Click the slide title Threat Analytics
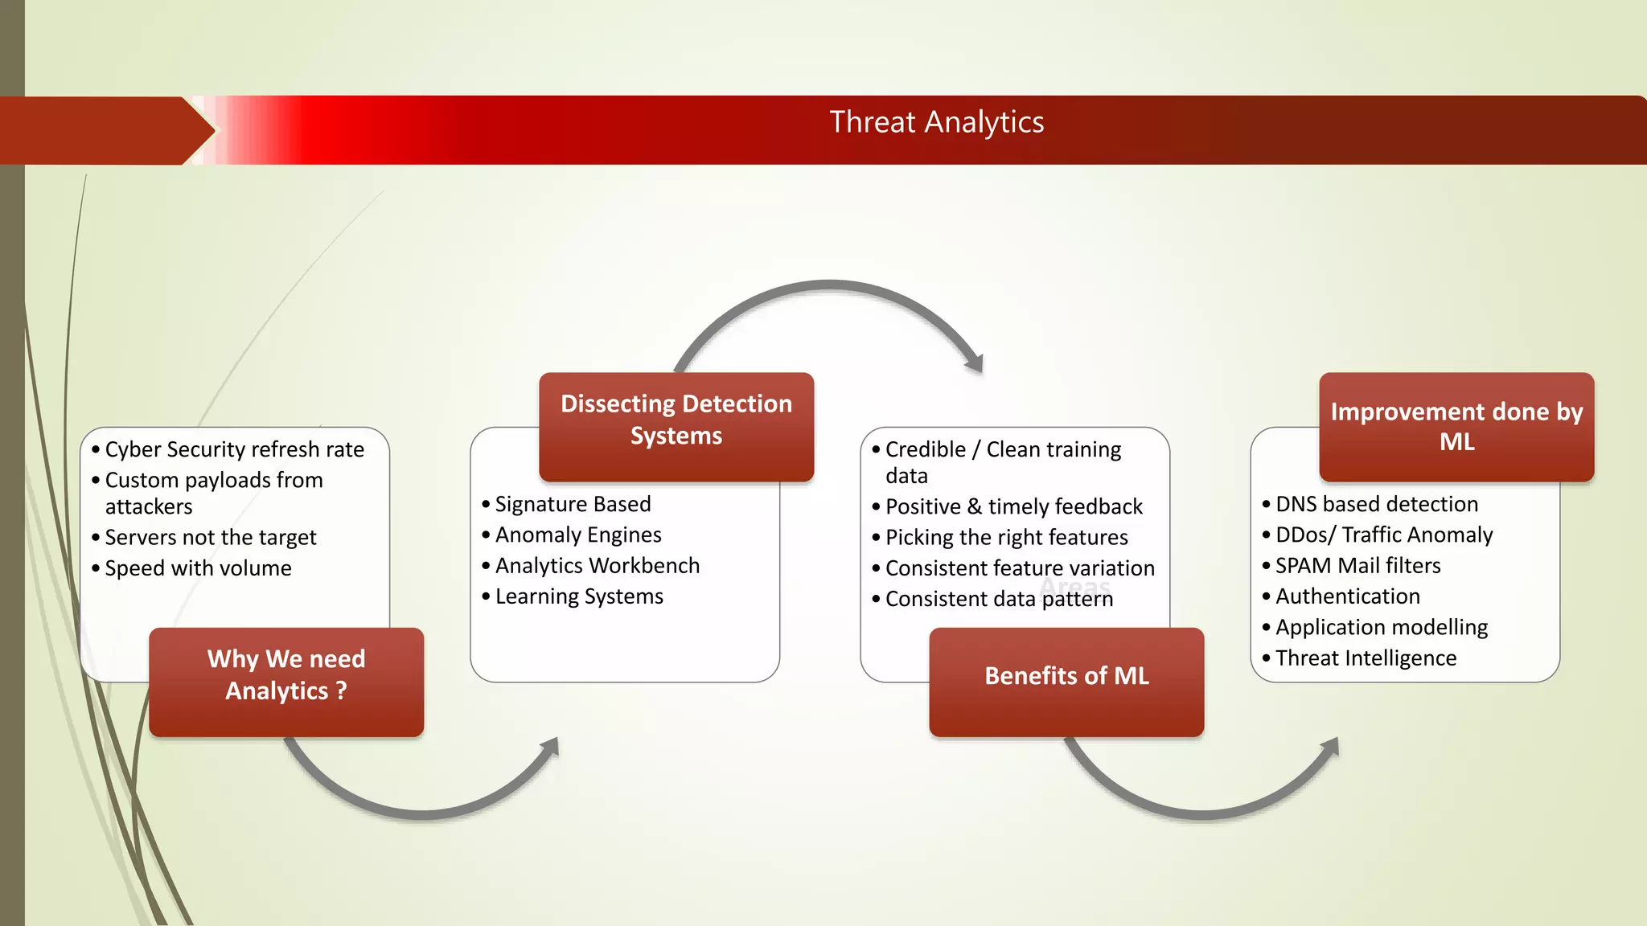point(936,123)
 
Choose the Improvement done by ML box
point(1456,426)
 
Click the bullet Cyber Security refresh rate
point(234,449)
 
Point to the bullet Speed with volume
point(198,568)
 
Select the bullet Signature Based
point(573,504)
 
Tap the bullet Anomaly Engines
point(578,535)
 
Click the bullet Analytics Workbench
point(597,566)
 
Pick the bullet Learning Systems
point(579,596)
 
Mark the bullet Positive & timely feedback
point(1013,506)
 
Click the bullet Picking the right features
point(1006,537)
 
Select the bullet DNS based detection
point(1376,504)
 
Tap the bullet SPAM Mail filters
point(1357,566)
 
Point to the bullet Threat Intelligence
point(1366,658)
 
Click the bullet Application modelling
point(1381,627)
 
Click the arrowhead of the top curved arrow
point(975,363)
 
